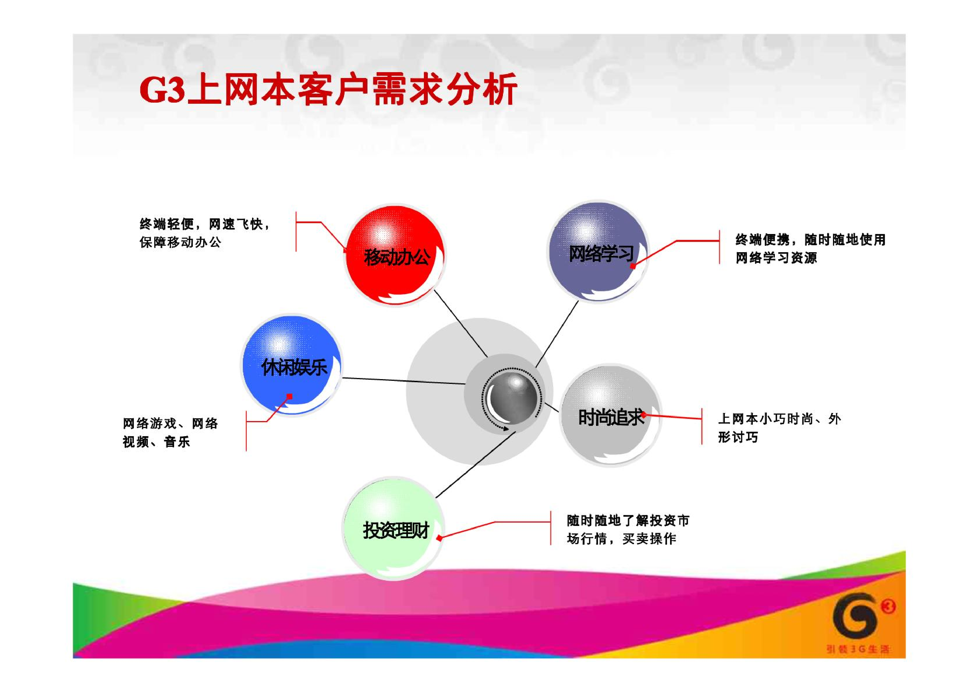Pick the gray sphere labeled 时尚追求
tap(610, 415)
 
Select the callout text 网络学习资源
tap(776, 258)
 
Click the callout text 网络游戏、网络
tap(170, 424)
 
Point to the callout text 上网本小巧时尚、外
tap(780, 419)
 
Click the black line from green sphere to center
tap(475, 464)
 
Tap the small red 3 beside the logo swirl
tap(888, 606)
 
